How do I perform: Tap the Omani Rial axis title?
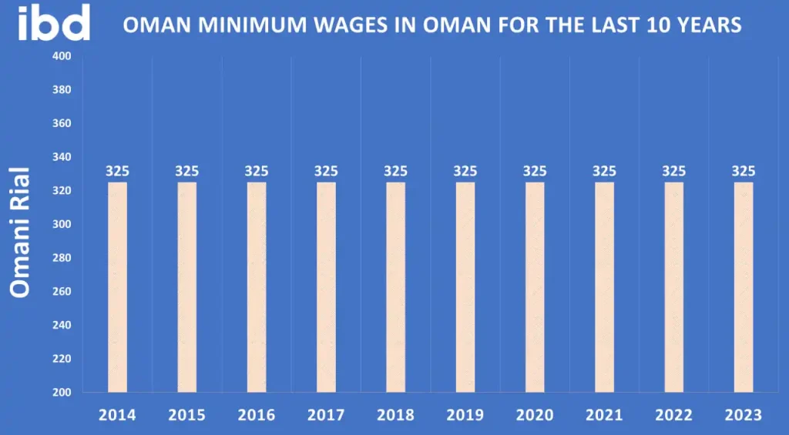pos(21,231)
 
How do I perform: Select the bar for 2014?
pos(117,286)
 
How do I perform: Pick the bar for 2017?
pos(326,286)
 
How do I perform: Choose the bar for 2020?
pos(535,286)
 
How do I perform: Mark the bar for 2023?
pos(744,286)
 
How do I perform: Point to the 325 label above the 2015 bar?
pos(186,171)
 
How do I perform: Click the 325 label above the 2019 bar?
pos(465,171)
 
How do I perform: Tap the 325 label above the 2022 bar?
pos(673,171)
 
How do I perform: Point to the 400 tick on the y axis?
pos(62,56)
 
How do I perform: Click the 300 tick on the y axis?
pos(62,224)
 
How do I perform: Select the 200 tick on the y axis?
pos(62,393)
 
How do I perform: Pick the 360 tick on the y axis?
pos(62,123)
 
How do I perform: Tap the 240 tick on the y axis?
pos(62,325)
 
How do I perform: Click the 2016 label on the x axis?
pos(257,415)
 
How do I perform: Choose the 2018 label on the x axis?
pos(395,415)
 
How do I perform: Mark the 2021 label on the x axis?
pos(604,415)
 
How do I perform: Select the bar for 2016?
pos(257,286)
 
